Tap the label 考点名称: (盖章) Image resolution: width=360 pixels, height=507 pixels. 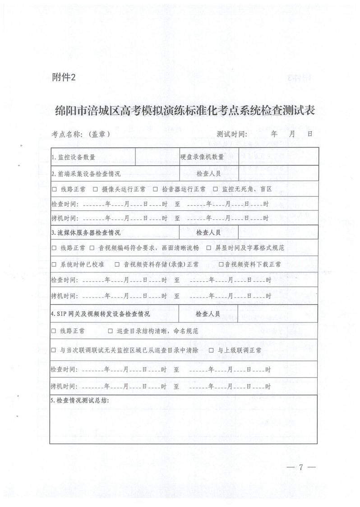(81, 134)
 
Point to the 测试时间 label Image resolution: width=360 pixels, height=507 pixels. (232, 134)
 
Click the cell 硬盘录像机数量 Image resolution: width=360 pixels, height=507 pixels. (202, 157)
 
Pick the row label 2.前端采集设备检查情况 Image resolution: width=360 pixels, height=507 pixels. (86, 173)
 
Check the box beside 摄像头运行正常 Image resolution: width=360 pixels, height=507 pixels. (95, 189)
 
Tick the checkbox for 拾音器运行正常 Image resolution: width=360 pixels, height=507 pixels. (155, 189)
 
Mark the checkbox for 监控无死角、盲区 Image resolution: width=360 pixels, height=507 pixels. (215, 189)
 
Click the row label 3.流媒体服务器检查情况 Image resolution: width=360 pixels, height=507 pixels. (86, 233)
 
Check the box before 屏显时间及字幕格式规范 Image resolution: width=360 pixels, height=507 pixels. (209, 248)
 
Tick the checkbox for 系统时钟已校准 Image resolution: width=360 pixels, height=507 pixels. (54, 264)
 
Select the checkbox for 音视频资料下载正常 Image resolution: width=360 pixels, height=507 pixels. (221, 264)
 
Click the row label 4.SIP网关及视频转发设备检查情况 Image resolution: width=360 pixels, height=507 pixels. (100, 313)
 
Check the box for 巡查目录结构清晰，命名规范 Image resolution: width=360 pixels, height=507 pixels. (111, 331)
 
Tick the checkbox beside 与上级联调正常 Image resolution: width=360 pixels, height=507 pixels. (211, 350)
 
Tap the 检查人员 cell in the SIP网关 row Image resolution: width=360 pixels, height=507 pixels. (208, 313)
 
